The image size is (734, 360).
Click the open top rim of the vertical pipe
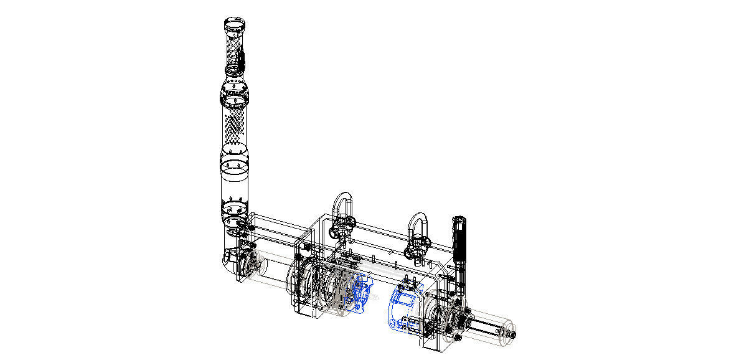coord(234,24)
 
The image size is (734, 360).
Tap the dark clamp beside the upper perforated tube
coord(243,60)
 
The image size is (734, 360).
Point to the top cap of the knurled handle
coord(459,219)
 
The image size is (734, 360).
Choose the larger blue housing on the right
coord(403,305)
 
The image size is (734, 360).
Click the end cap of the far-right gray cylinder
coord(512,334)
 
